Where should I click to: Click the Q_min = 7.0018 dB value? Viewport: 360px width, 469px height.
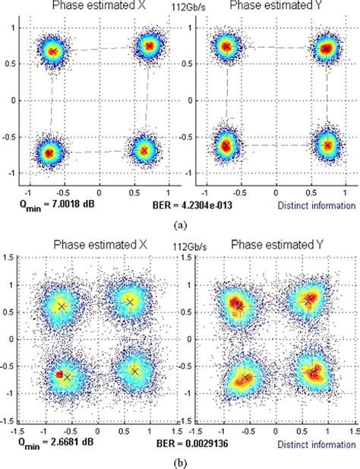point(46,205)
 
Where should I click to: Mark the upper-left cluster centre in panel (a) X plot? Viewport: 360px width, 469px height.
point(53,51)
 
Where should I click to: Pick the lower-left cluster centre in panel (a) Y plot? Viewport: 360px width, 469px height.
point(225,144)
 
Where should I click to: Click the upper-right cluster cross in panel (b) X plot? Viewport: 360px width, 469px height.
point(130,302)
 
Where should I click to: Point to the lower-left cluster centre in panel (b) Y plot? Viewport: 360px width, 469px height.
point(244,378)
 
